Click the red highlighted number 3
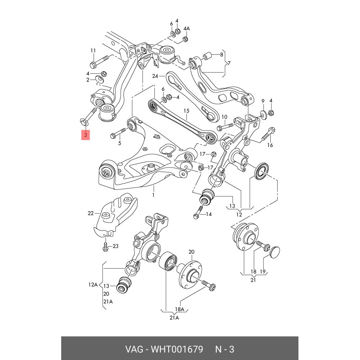click(x=86, y=135)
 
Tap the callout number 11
click(x=93, y=50)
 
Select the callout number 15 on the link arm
click(x=186, y=111)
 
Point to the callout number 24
click(x=155, y=76)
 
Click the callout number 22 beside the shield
click(x=90, y=213)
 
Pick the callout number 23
click(x=115, y=246)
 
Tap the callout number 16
click(x=270, y=145)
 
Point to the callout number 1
click(x=153, y=195)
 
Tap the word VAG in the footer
click(x=133, y=349)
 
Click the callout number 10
click(x=224, y=117)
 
